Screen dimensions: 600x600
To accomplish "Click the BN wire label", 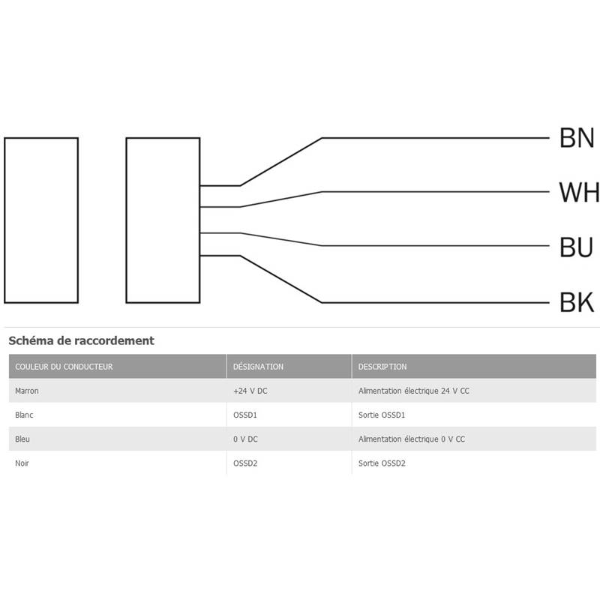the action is (577, 138).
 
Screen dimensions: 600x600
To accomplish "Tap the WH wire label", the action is (579, 193).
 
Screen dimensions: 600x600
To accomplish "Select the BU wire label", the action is (576, 247).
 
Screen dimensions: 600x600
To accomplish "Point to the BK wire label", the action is (577, 303).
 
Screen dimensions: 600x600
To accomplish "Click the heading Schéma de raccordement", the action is (81, 340).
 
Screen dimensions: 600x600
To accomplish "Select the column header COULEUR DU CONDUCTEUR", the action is (64, 367).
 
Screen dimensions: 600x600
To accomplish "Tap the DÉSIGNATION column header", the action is (258, 367).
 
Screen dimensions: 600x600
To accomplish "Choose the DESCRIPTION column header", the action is (382, 367).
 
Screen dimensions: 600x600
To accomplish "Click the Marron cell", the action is (27, 391).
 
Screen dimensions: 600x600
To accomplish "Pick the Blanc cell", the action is (24, 415).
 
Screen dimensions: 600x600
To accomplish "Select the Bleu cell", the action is (22, 439).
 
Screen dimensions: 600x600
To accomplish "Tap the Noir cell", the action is (22, 463).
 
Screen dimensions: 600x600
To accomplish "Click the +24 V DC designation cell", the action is (250, 391).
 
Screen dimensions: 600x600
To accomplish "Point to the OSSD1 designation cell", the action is (245, 415).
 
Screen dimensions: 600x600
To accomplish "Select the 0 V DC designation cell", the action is (245, 439).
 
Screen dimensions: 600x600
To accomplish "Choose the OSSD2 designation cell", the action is (245, 463).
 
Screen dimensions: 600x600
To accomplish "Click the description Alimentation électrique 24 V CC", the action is (414, 391).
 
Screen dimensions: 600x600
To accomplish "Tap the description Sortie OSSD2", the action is (382, 463).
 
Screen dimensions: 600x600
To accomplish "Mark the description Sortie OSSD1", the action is (382, 415).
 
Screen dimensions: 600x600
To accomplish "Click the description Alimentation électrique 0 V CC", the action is (412, 439).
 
